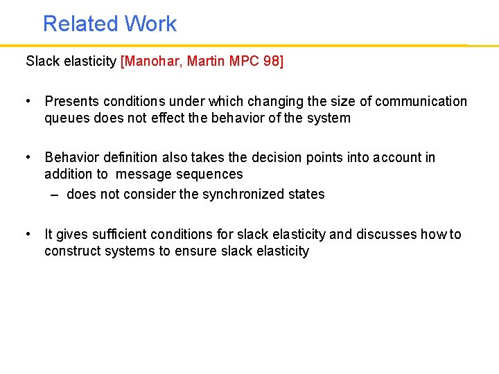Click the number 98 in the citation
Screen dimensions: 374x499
(273, 61)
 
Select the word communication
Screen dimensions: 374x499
(422, 101)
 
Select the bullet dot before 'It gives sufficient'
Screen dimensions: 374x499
(28, 233)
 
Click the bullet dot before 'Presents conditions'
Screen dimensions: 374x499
(28, 101)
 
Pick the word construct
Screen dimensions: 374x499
(72, 251)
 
